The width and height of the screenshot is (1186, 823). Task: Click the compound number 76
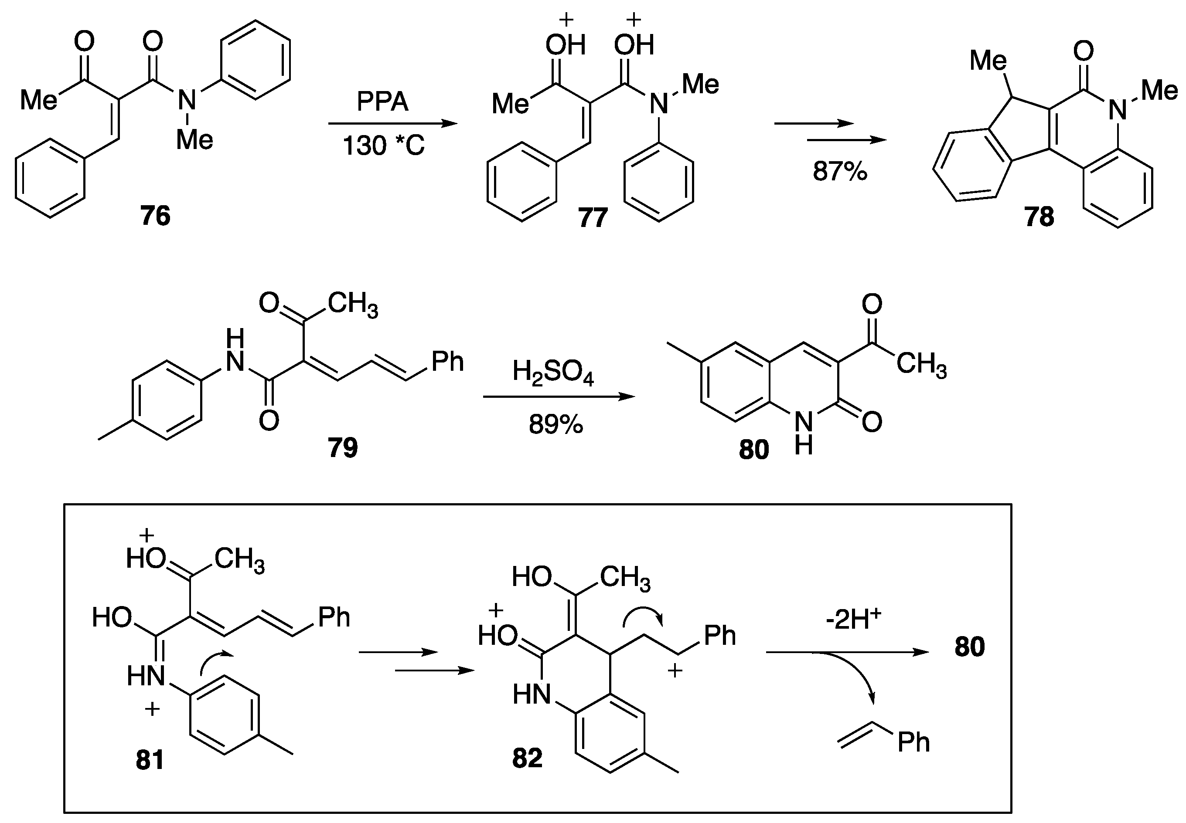pos(155,216)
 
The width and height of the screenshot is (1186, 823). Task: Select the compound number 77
pos(593,217)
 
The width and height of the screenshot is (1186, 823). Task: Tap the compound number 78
pos(1039,217)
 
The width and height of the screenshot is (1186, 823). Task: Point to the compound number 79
pos(342,447)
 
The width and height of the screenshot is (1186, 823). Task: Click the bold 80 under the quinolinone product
pos(753,449)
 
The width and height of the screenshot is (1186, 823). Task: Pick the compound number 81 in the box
pos(150,759)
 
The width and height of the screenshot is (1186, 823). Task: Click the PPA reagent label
pos(382,102)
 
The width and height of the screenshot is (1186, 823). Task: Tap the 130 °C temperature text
pos(383,146)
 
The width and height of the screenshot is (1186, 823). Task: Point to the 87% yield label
pos(840,171)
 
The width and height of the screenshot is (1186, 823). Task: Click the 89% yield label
pos(556,425)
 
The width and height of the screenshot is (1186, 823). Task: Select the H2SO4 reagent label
pos(553,373)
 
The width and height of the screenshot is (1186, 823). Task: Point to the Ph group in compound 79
pos(447,362)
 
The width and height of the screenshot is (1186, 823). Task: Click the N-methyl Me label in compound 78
pos(1159,91)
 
